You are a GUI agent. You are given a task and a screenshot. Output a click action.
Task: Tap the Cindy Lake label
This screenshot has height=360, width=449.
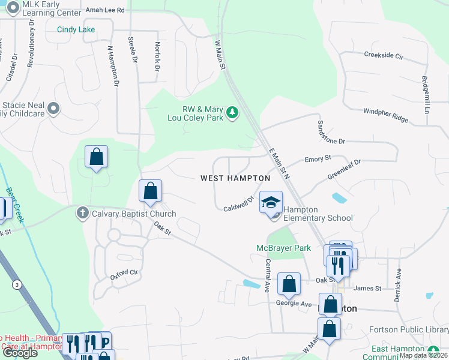click(76, 29)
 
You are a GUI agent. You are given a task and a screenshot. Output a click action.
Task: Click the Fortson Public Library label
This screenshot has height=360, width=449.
click(408, 329)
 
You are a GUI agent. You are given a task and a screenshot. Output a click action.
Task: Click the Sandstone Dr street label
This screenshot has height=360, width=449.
click(331, 132)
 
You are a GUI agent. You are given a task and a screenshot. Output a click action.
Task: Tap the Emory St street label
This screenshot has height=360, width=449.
click(318, 159)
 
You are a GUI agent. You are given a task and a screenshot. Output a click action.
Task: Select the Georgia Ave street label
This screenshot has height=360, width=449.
click(294, 304)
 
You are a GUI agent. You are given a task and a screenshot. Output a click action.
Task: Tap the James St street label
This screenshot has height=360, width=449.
click(369, 289)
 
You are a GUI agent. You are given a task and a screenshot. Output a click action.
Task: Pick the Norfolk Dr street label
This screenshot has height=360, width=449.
click(157, 56)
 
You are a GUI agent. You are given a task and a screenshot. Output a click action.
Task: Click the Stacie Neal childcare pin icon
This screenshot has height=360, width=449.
click(54, 109)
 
